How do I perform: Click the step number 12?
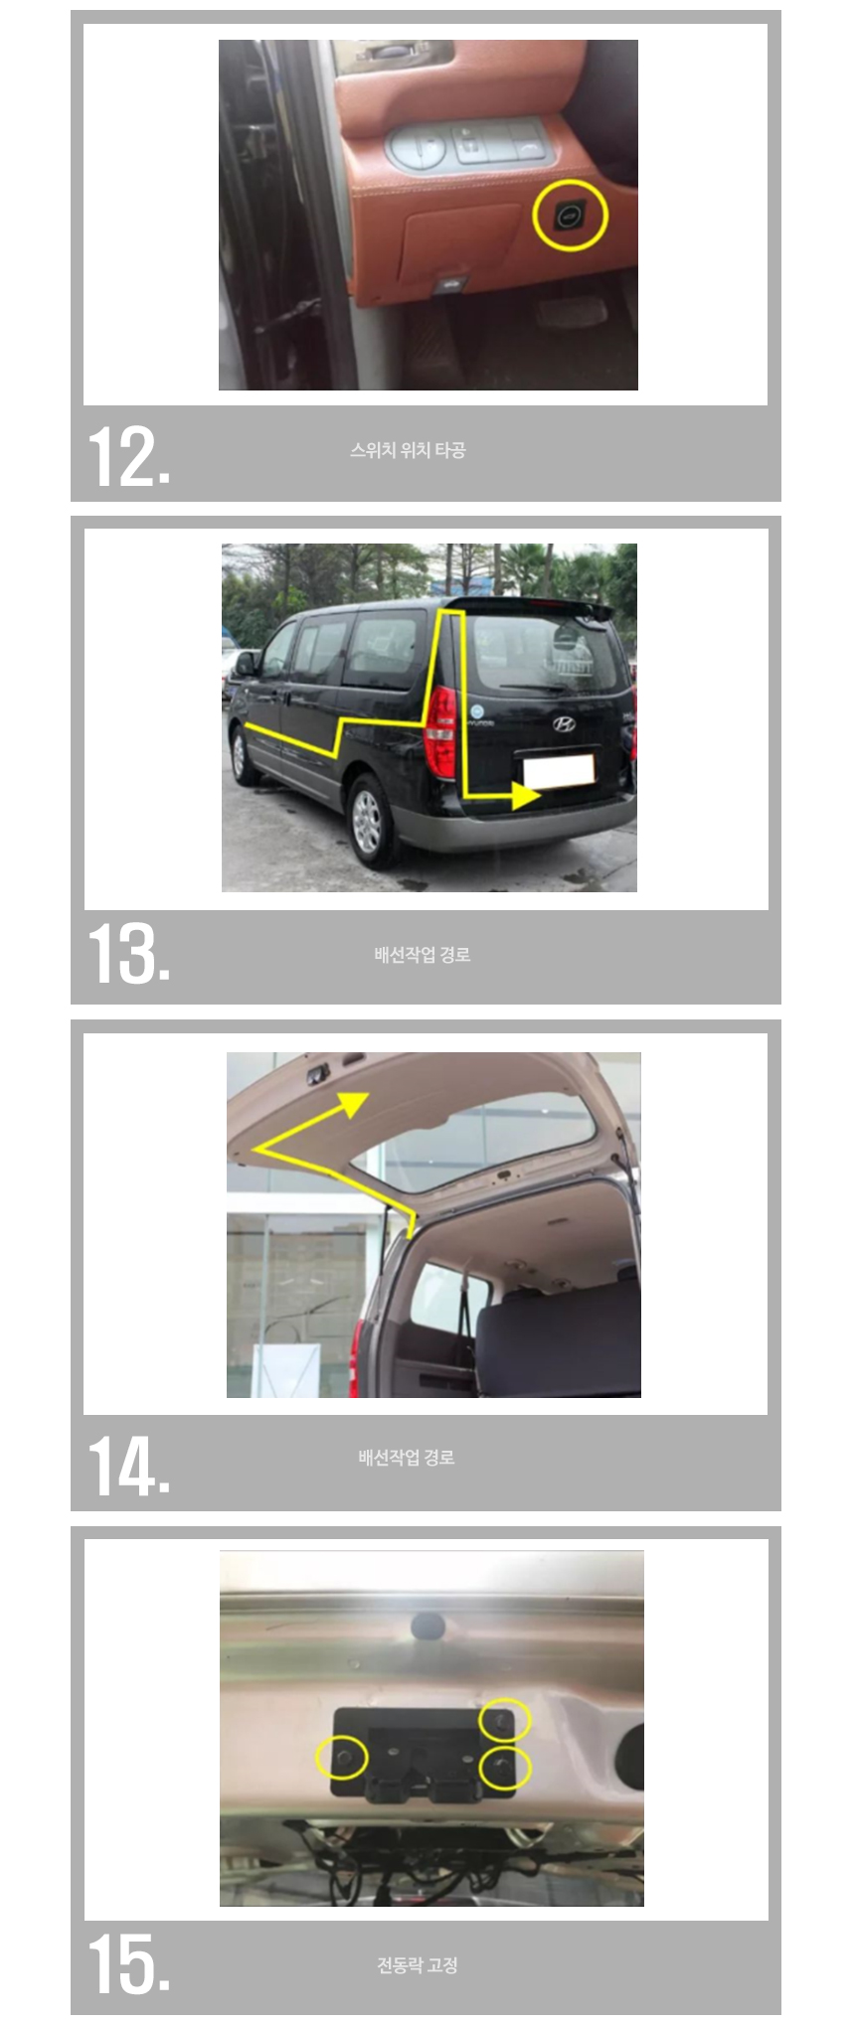click(129, 456)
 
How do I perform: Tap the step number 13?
click(129, 953)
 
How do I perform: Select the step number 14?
click(129, 1464)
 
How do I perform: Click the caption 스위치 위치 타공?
click(408, 450)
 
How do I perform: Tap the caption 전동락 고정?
click(418, 1964)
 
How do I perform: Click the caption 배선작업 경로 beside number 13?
click(423, 955)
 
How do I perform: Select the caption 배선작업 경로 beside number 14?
click(407, 1458)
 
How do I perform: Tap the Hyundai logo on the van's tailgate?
click(564, 723)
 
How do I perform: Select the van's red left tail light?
click(440, 732)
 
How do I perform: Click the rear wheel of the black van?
click(368, 818)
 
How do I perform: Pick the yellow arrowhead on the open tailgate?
click(353, 1103)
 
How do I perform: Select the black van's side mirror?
click(245, 663)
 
